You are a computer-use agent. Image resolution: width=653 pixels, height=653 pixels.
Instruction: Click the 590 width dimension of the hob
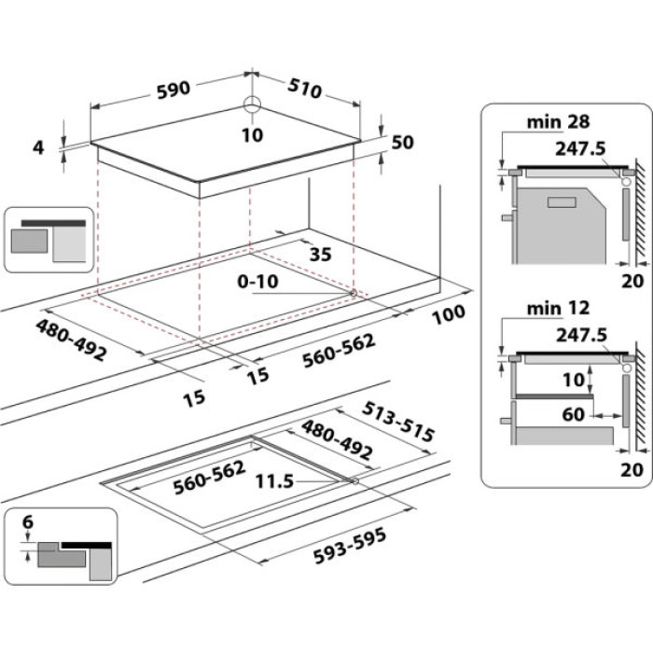coord(173,89)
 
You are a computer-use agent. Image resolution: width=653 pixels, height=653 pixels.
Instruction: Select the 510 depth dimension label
coord(304,89)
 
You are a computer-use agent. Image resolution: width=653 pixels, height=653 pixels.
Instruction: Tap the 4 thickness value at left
coord(38,146)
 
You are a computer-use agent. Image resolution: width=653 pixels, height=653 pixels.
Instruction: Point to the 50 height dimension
coord(402,143)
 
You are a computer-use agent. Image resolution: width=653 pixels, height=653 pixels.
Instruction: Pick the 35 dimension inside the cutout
coord(320,253)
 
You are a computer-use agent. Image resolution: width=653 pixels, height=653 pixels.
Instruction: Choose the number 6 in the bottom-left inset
coord(28,524)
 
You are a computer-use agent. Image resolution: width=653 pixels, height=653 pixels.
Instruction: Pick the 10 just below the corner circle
coord(252,135)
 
